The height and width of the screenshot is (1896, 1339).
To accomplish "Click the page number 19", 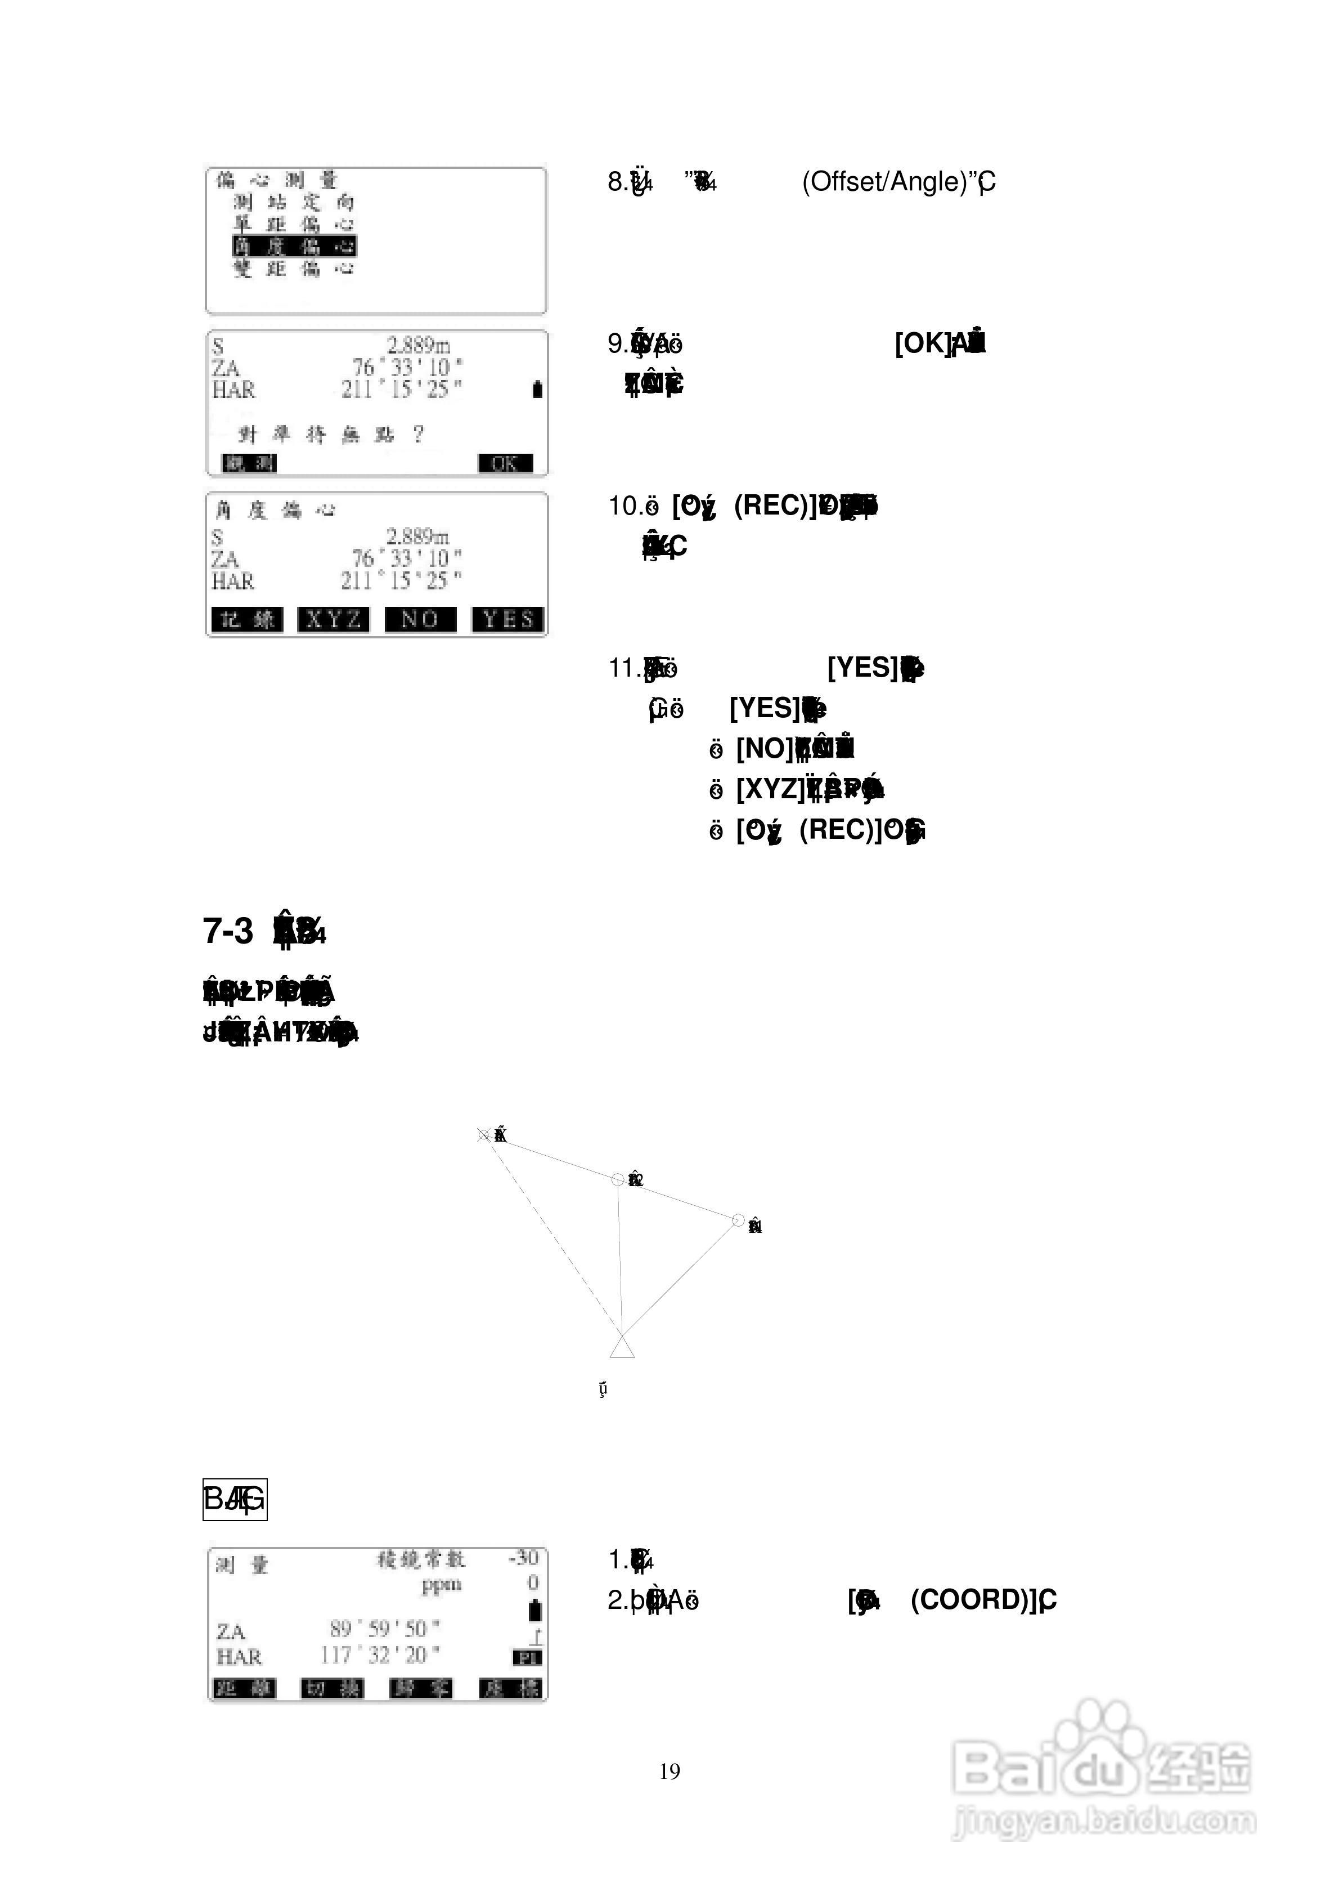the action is tap(669, 1770).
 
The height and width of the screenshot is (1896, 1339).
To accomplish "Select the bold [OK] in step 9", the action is tap(922, 343).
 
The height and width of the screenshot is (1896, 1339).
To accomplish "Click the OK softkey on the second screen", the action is tap(505, 463).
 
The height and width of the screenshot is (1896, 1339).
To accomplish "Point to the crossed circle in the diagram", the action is tap(484, 1135).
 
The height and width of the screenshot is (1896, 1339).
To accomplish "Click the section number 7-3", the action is tap(228, 931).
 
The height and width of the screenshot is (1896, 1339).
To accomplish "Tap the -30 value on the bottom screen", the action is tap(523, 1558).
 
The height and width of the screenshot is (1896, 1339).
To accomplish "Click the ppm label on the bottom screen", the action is tap(442, 1584).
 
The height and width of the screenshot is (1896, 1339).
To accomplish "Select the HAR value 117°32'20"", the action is tap(380, 1655).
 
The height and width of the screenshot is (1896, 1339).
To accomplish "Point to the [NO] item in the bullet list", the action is tap(763, 748).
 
